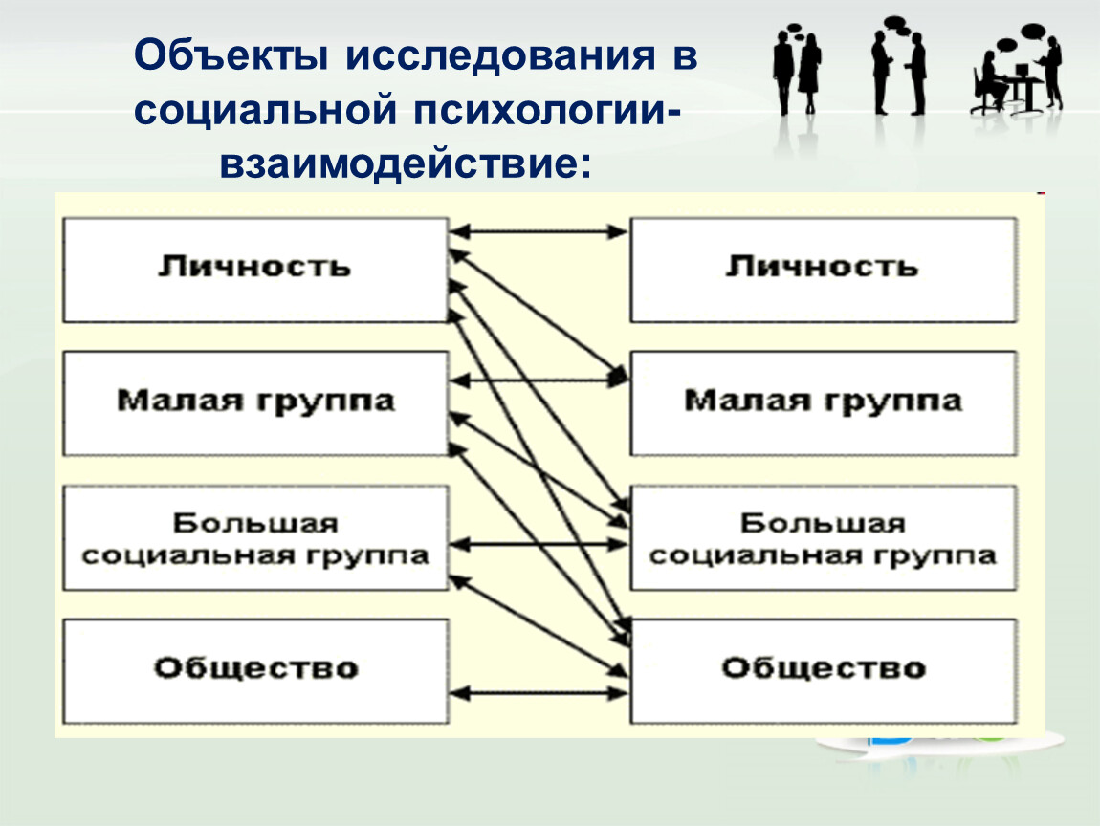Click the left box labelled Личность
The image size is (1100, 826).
pyautogui.click(x=255, y=270)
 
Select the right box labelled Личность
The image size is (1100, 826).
pyautogui.click(x=824, y=270)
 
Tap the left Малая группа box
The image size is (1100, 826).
pyautogui.click(x=255, y=403)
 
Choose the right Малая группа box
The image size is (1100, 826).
pyautogui.click(x=824, y=403)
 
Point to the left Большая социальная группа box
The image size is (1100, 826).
pyautogui.click(x=255, y=538)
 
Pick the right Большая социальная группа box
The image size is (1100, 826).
pyautogui.click(x=824, y=538)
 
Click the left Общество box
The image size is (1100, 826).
pyautogui.click(x=255, y=671)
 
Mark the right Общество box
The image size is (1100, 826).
pyautogui.click(x=824, y=671)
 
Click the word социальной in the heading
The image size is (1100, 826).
pyautogui.click(x=267, y=111)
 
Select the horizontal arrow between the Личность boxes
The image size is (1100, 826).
pyautogui.click(x=539, y=231)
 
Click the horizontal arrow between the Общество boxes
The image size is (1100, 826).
pyautogui.click(x=539, y=693)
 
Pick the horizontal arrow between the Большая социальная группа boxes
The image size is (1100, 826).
pyautogui.click(x=539, y=544)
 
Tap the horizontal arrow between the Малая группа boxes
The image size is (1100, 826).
pyautogui.click(x=539, y=380)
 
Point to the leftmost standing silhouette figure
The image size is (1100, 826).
pyautogui.click(x=783, y=73)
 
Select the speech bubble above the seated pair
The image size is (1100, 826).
pyautogui.click(x=1033, y=31)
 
